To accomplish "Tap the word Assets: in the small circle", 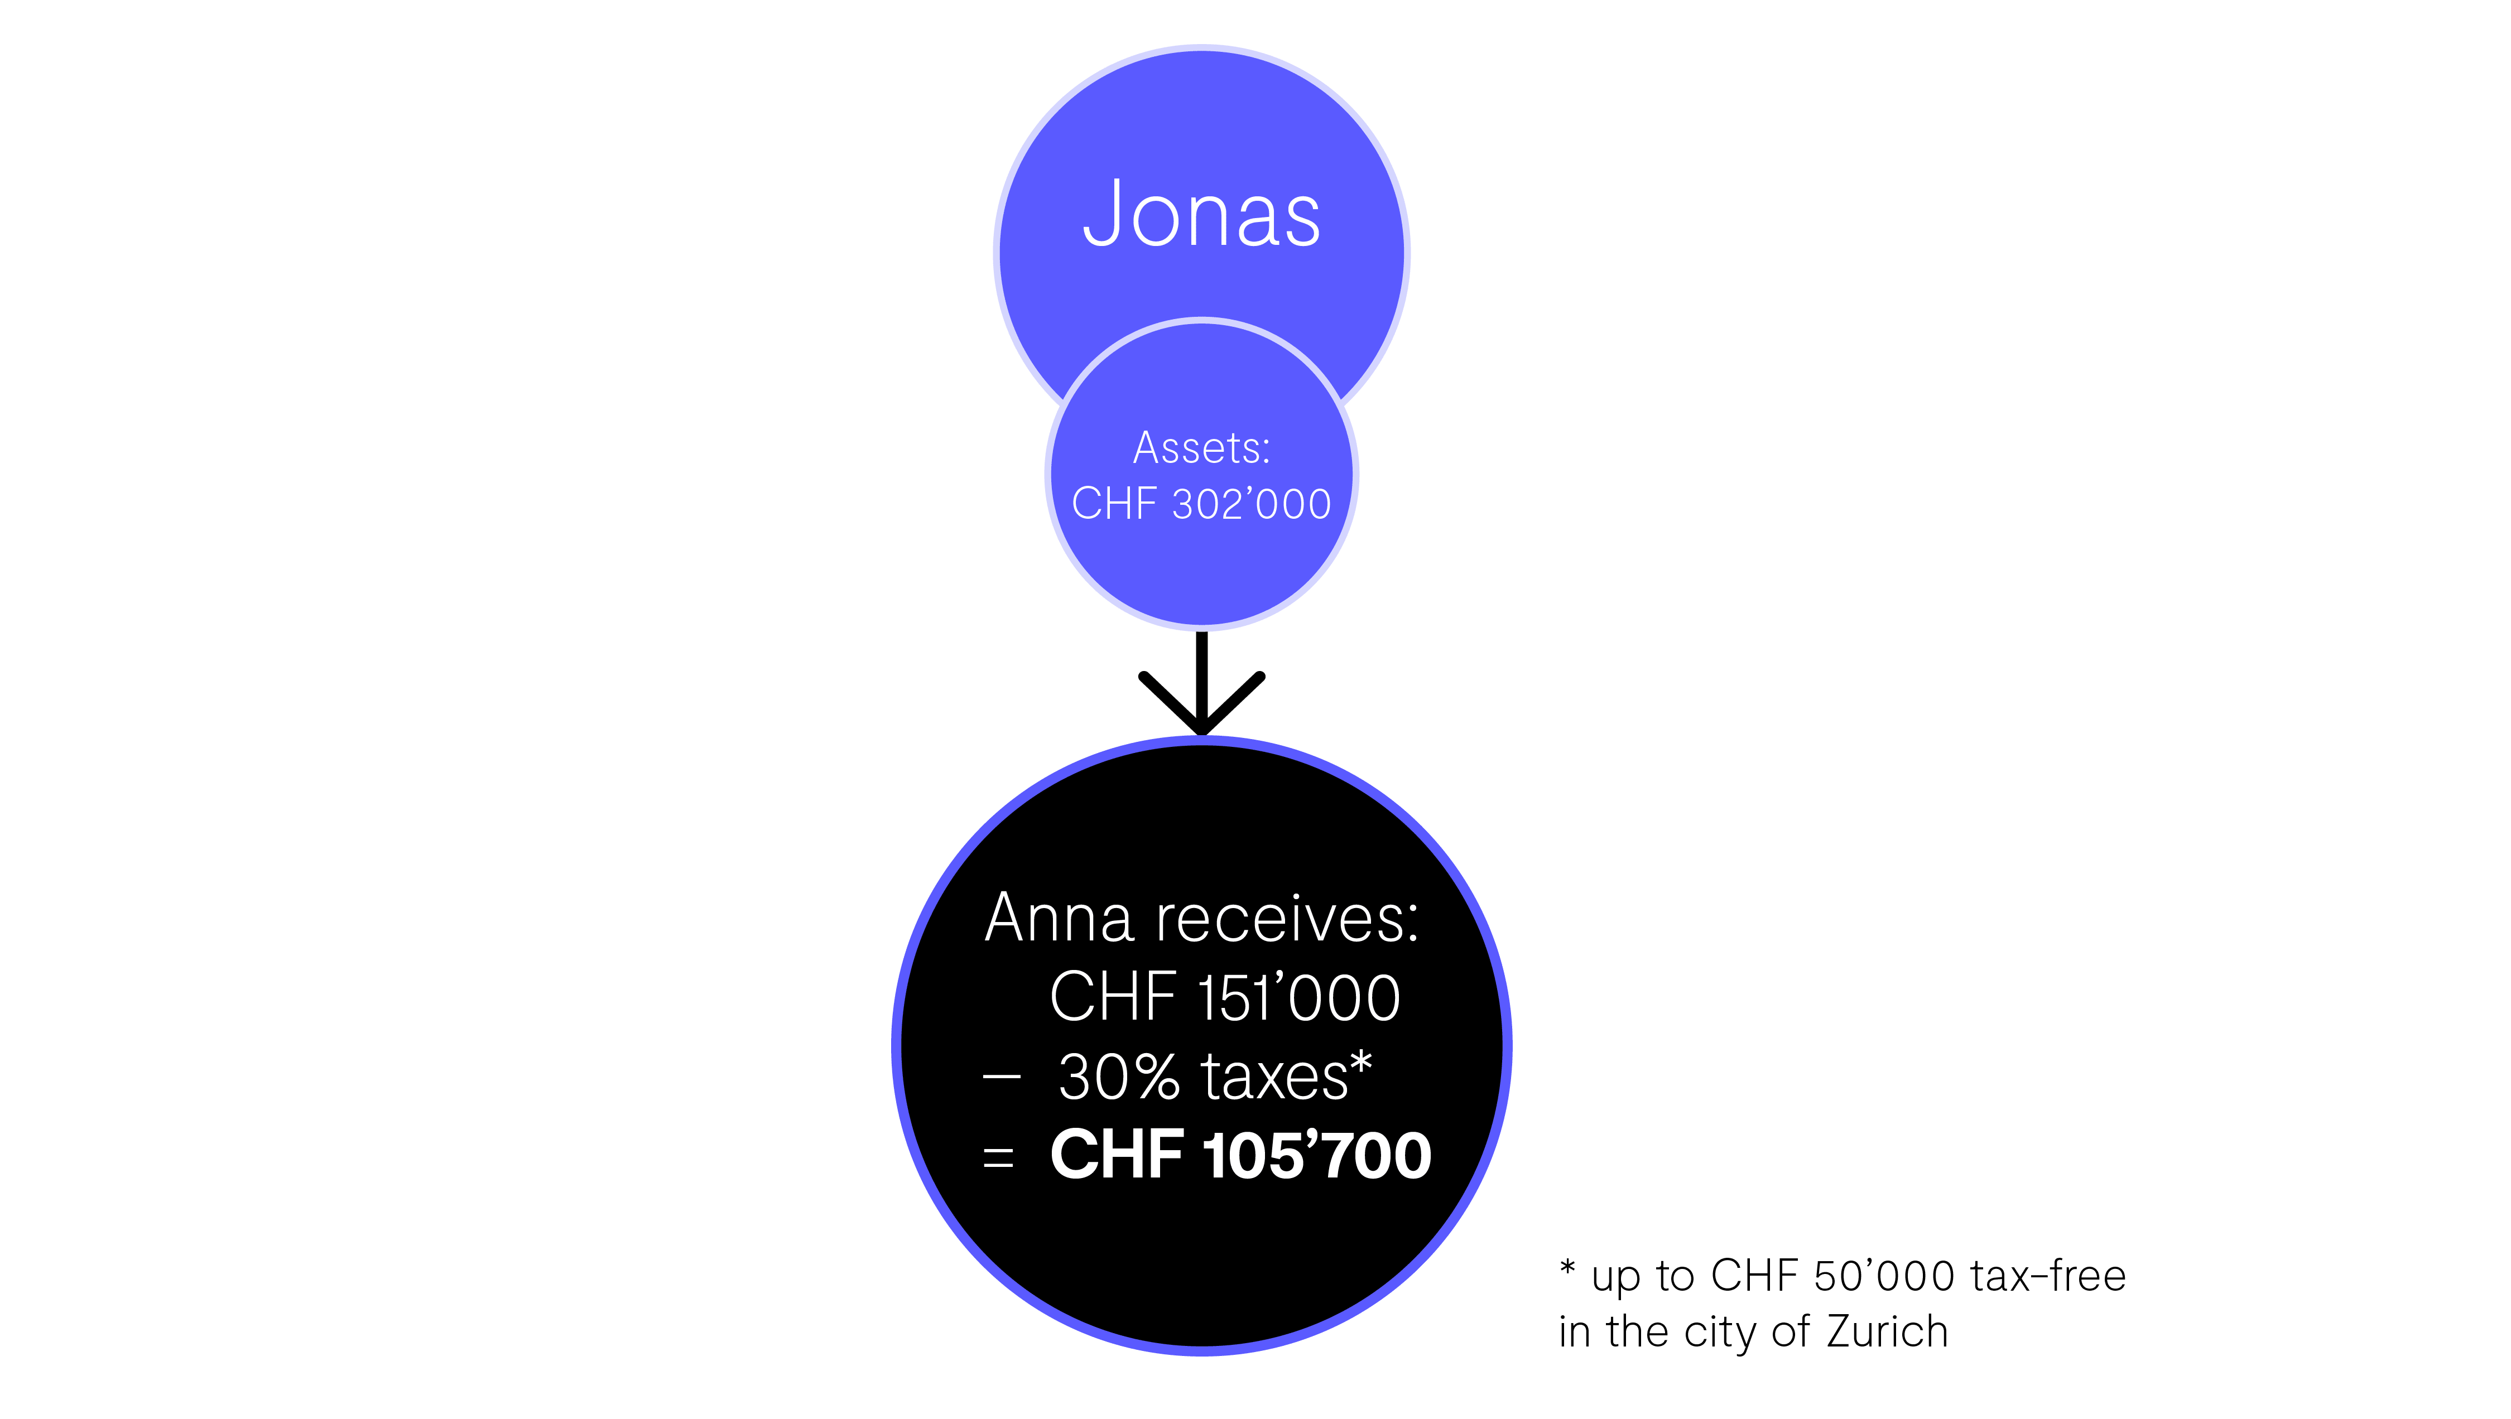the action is (x=1202, y=448).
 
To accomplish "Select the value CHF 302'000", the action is (x=1202, y=504).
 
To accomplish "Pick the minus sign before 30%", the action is (x=1001, y=1077).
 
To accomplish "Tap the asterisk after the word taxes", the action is (x=1362, y=1063).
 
